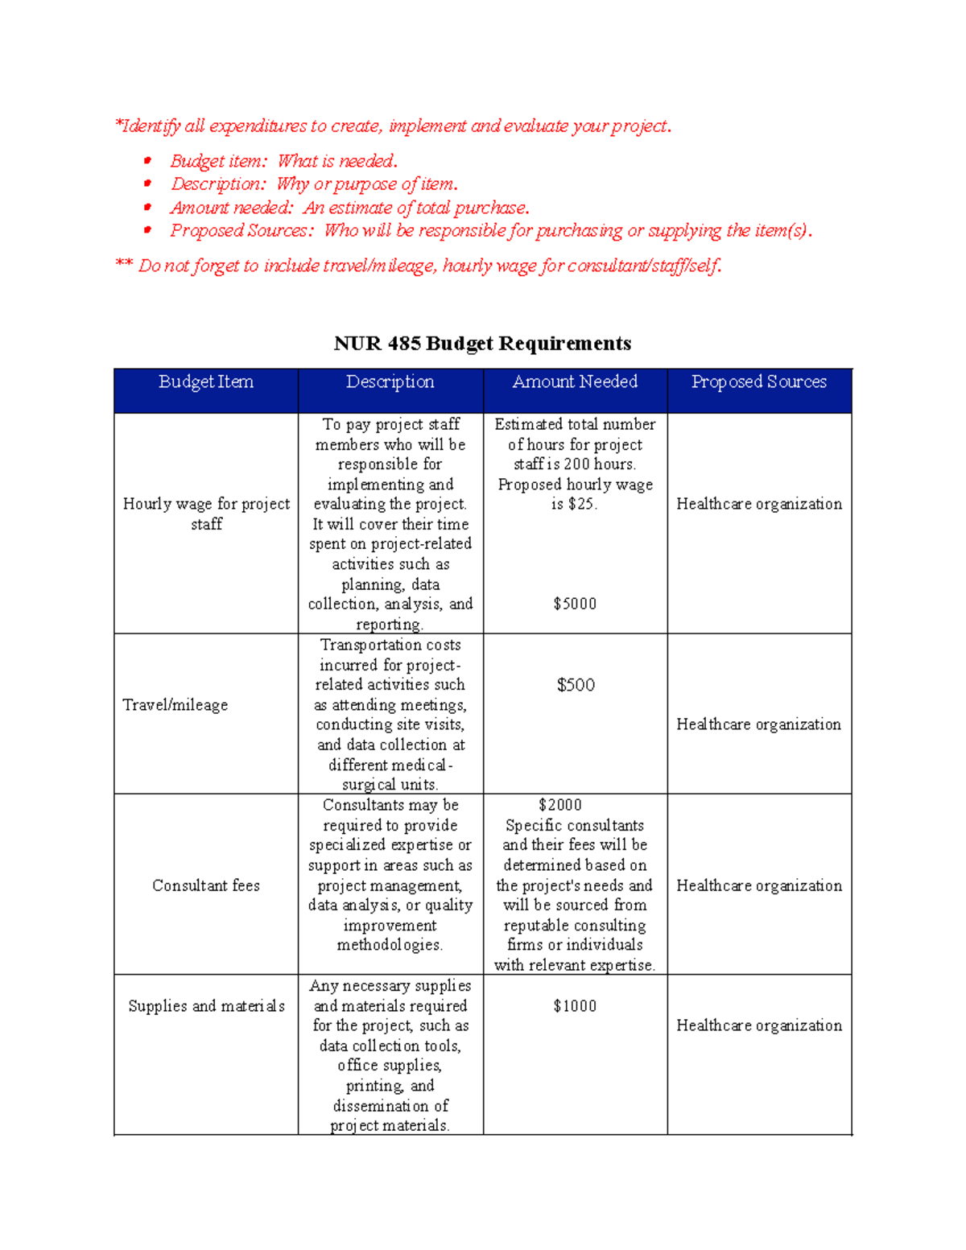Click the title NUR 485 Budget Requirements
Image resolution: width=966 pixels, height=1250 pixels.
[x=482, y=344]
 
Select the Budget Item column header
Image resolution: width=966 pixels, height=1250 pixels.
[x=206, y=382]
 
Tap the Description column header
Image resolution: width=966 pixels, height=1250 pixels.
[x=390, y=382]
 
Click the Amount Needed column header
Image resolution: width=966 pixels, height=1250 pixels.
[x=575, y=382]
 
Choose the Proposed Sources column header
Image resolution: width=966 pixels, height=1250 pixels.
[x=759, y=382]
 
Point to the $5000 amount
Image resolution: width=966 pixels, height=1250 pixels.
[x=575, y=604]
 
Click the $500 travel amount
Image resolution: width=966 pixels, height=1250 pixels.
[x=576, y=685]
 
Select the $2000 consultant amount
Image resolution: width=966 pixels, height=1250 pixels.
[x=560, y=805]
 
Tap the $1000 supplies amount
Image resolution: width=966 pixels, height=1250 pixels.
[x=575, y=1006]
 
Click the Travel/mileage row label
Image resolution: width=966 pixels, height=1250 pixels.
[x=175, y=705]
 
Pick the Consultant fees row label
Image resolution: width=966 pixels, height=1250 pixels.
[x=206, y=885]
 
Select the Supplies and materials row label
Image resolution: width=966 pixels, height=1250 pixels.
[x=206, y=1006]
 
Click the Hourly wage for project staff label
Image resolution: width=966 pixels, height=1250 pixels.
[x=206, y=514]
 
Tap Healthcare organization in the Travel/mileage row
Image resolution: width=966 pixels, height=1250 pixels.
[x=759, y=724]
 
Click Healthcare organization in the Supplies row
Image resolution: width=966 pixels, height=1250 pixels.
[x=759, y=1025]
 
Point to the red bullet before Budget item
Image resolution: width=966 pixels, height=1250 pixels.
[x=147, y=161]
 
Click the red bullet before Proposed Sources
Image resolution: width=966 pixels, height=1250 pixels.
[x=147, y=230]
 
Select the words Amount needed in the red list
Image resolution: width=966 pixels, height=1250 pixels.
[x=231, y=208]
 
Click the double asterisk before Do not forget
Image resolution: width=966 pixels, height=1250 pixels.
[x=124, y=264]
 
